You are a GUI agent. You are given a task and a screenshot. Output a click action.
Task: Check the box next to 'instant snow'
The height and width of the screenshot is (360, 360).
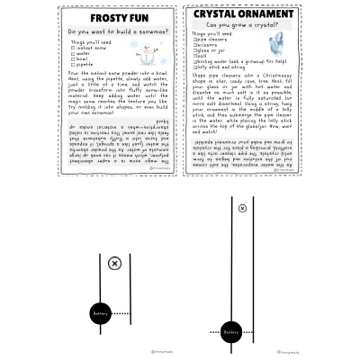(74, 48)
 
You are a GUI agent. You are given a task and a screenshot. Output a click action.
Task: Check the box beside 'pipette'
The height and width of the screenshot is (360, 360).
(74, 65)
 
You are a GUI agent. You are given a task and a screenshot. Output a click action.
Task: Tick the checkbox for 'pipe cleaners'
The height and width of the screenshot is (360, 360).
(195, 40)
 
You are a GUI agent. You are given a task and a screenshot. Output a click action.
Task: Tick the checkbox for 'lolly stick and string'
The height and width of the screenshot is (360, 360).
(195, 66)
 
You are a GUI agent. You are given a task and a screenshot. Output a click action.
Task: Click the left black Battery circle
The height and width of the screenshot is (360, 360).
(100, 314)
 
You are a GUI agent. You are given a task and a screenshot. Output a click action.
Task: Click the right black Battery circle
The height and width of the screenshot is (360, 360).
(231, 332)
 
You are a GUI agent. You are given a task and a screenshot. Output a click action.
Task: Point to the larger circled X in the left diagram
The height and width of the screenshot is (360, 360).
(114, 263)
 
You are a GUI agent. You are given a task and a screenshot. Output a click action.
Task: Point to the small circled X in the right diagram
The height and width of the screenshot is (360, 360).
(242, 208)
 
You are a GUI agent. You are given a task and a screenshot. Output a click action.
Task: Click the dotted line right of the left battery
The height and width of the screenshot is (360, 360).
(122, 314)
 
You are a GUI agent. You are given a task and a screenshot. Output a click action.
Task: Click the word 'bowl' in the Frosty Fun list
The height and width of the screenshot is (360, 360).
(85, 58)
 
